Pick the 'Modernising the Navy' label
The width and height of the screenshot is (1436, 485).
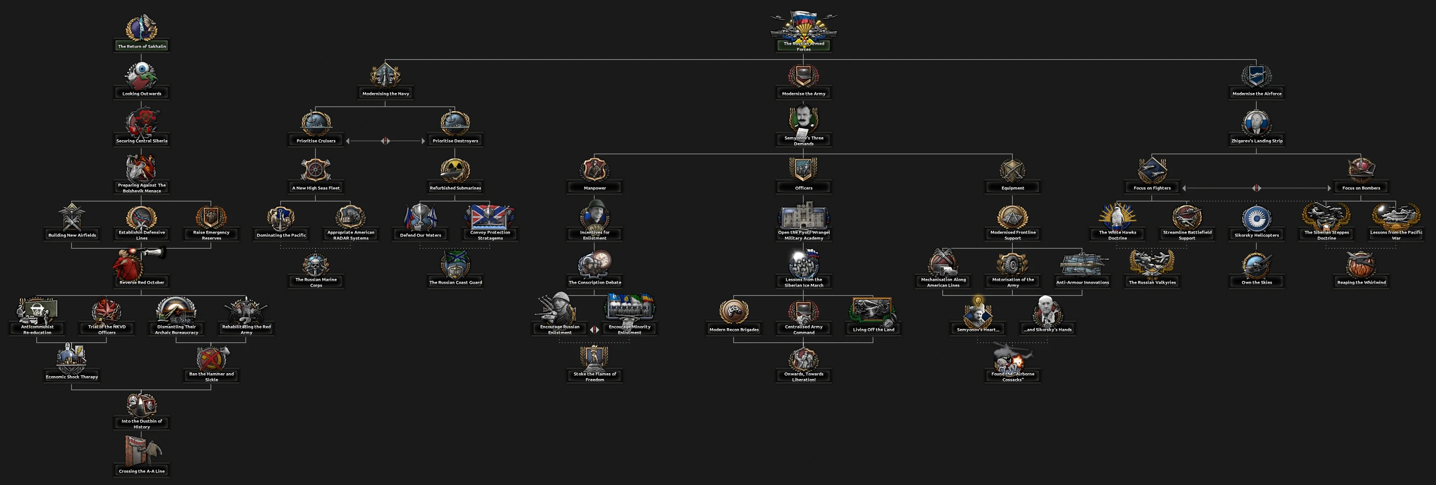385,94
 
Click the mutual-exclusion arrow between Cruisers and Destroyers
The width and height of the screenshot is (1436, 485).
385,141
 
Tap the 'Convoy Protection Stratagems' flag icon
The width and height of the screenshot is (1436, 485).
490,217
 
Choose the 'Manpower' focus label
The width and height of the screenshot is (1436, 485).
594,188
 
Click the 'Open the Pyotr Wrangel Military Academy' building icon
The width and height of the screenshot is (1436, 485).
803,217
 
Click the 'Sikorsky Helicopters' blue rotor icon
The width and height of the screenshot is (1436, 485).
1257,218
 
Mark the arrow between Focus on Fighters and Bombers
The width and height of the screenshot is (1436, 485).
1257,188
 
